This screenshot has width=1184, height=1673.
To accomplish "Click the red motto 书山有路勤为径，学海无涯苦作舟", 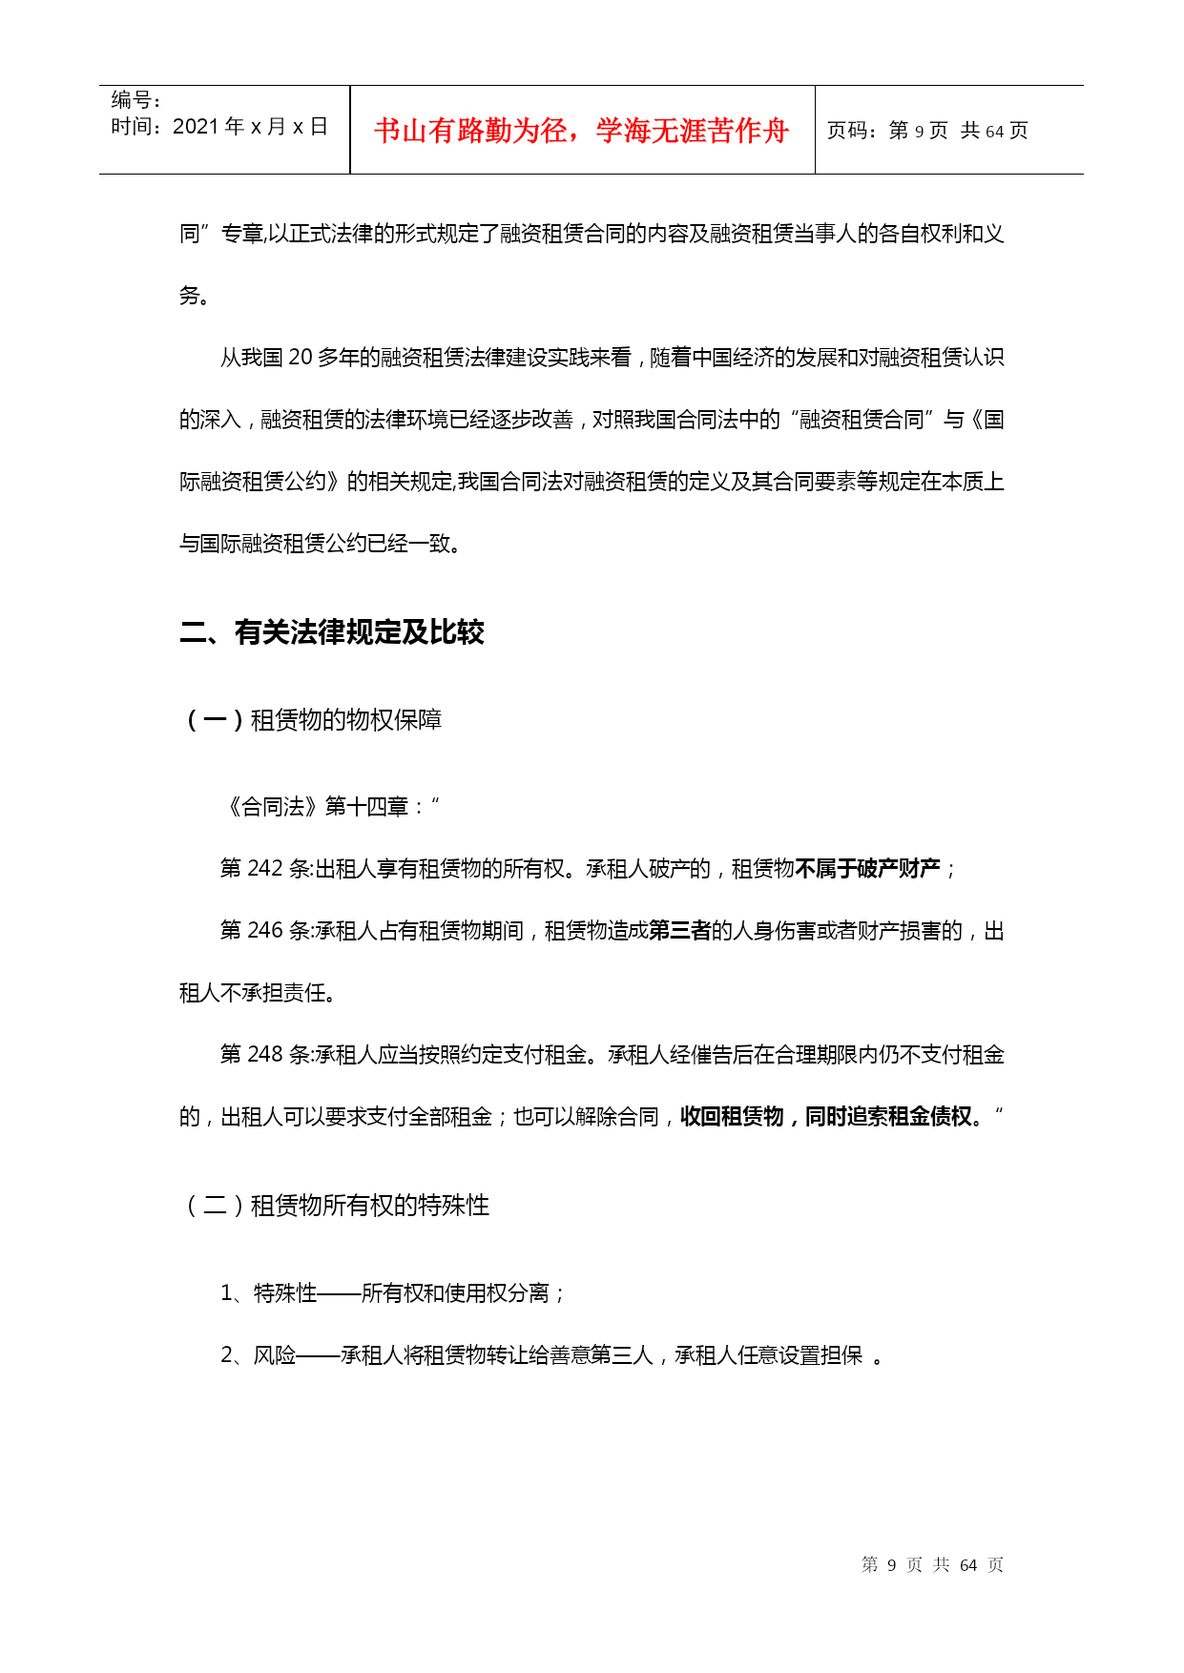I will click(x=581, y=131).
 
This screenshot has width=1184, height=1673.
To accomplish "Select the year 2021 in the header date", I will click(x=196, y=127).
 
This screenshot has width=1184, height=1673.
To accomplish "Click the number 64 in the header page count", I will click(x=994, y=132).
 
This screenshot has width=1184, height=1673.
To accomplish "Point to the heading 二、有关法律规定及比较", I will click(x=332, y=632).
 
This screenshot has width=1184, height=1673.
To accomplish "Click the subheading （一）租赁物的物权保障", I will click(x=311, y=720).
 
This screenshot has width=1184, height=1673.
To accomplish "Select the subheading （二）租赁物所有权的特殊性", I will click(x=335, y=1206).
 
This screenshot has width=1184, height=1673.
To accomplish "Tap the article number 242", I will click(x=265, y=869).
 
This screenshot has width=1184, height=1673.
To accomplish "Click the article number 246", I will click(x=265, y=931).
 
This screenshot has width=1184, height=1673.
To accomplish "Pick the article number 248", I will click(x=265, y=1055).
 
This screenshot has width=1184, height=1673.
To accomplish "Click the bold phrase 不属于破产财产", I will click(x=867, y=869).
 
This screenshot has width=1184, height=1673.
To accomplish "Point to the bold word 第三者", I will click(x=679, y=931).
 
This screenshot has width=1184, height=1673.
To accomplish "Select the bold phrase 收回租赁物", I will click(x=732, y=1117).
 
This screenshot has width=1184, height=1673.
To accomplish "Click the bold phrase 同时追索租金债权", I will click(x=888, y=1117).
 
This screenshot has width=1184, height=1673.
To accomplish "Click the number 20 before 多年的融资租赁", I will click(x=301, y=358).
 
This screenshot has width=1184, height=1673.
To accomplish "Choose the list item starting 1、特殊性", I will click(x=393, y=1293).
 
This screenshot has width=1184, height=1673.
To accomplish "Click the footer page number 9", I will click(x=892, y=1565).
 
